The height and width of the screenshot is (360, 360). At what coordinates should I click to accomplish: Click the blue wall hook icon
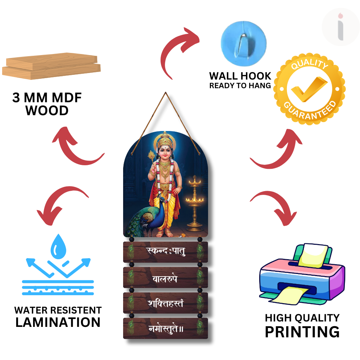pyautogui.click(x=243, y=40)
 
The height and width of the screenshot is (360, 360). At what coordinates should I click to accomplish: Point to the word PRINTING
pyautogui.click(x=302, y=332)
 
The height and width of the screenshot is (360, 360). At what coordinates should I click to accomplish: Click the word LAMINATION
pyautogui.click(x=58, y=322)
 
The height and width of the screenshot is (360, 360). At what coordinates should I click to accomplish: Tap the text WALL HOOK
pyautogui.click(x=240, y=76)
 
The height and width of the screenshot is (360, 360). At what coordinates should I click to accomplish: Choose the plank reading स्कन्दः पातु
pyautogui.click(x=166, y=252)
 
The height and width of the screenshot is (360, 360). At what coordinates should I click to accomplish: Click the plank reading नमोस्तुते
pyautogui.click(x=166, y=328)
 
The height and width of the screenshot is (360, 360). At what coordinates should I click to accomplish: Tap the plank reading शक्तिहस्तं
pyautogui.click(x=166, y=303)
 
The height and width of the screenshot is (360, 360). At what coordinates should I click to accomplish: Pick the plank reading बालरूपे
pyautogui.click(x=166, y=278)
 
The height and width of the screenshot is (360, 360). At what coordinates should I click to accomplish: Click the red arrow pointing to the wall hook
pyautogui.click(x=180, y=47)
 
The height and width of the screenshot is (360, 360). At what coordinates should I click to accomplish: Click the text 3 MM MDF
pyautogui.click(x=47, y=98)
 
